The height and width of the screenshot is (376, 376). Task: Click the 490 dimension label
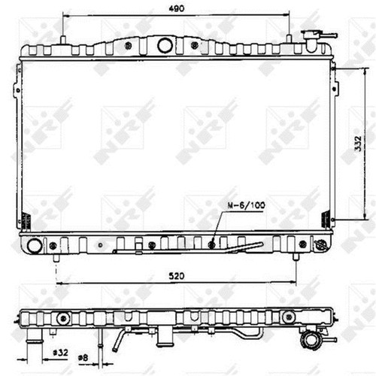[x=177, y=9]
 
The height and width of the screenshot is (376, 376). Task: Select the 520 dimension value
[x=177, y=276]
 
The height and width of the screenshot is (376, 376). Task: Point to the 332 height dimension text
[x=359, y=144]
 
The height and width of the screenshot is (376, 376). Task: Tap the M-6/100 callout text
[x=246, y=205]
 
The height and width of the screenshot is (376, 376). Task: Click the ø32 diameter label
[x=60, y=353]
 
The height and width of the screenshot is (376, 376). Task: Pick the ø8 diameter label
[x=83, y=358]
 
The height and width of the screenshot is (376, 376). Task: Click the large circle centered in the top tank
[x=165, y=45]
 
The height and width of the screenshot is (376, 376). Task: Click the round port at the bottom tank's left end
[x=35, y=245]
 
